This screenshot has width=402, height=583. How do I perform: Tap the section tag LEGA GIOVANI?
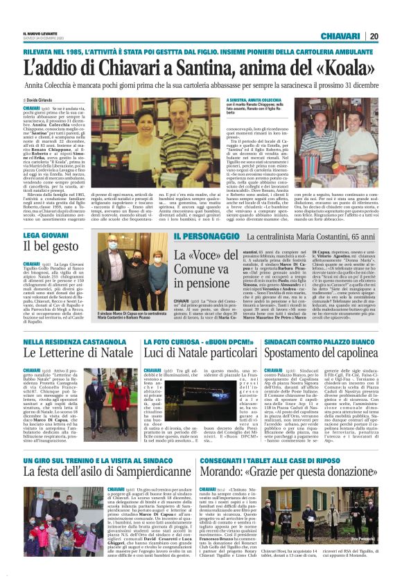(x=45, y=235)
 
